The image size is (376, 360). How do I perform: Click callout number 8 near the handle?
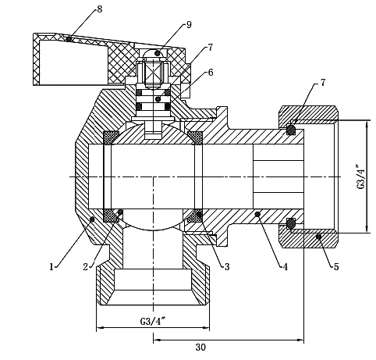click(x=100, y=9)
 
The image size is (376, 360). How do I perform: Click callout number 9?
click(x=189, y=25)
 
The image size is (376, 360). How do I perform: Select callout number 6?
click(x=211, y=73)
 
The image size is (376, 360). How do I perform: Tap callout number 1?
click(x=51, y=267)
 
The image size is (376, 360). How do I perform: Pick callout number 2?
click(x=86, y=267)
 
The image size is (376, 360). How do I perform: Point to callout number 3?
click(x=227, y=267)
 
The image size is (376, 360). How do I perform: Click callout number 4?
click(x=286, y=267)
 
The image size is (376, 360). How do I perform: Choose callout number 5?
click(x=336, y=267)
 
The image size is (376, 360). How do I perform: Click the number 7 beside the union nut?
click(x=323, y=83)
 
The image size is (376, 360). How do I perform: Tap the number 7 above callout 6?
click(x=210, y=48)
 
